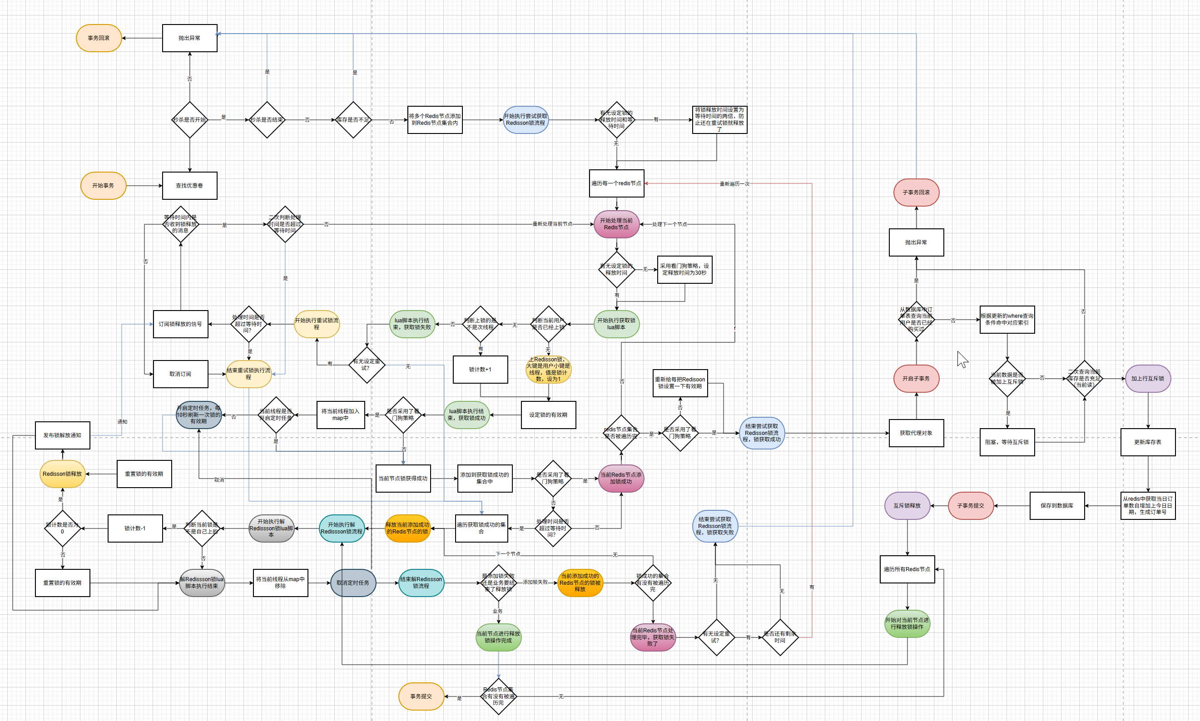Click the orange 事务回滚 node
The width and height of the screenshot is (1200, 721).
(x=99, y=38)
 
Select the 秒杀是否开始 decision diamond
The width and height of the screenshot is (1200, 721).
(x=189, y=119)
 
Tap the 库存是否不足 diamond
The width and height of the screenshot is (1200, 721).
(x=353, y=119)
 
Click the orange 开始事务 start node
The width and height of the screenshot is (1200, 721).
(x=103, y=186)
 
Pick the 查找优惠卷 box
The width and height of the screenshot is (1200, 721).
(x=189, y=186)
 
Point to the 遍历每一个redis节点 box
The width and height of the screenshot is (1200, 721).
(x=616, y=183)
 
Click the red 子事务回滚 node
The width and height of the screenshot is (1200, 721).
(x=916, y=193)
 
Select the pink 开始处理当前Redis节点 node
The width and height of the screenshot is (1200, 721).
(x=616, y=224)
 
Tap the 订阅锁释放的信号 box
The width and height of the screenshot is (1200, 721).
(x=180, y=324)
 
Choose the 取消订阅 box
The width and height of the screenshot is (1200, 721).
(x=180, y=374)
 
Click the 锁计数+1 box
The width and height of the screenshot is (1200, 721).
(x=480, y=370)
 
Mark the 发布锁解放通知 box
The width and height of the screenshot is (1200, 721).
(x=62, y=435)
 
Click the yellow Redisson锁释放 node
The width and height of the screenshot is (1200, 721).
(x=62, y=474)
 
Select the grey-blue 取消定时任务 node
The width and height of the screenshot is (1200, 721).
(x=353, y=583)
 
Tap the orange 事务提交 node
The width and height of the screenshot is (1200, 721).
(x=421, y=696)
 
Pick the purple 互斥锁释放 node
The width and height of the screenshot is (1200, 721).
(x=907, y=506)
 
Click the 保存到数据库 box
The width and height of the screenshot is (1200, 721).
(x=1057, y=506)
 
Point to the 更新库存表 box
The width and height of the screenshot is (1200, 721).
(x=1148, y=442)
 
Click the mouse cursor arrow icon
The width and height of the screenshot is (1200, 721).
(x=962, y=360)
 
